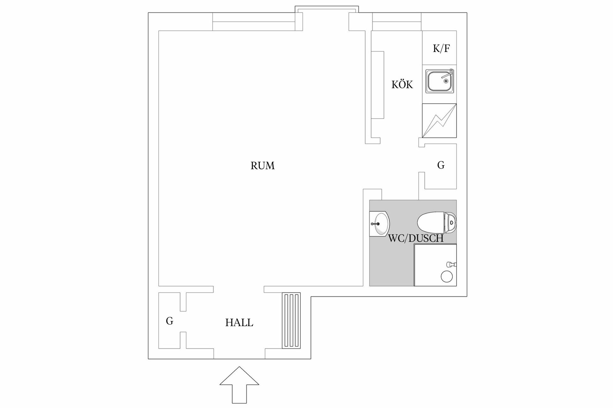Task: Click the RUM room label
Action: [x=262, y=166]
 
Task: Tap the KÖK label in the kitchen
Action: [x=402, y=85]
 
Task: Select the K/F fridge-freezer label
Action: [x=441, y=48]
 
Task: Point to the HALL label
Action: [x=239, y=323]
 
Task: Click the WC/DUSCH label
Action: [x=416, y=238]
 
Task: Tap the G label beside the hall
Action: [x=170, y=321]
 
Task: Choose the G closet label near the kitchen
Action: [x=441, y=165]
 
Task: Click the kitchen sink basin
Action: [x=438, y=81]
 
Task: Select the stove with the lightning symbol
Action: [x=439, y=120]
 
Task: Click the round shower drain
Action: [x=446, y=276]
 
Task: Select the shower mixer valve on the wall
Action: [x=451, y=264]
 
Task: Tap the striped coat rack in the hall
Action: [x=291, y=320]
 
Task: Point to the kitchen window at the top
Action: [x=397, y=22]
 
